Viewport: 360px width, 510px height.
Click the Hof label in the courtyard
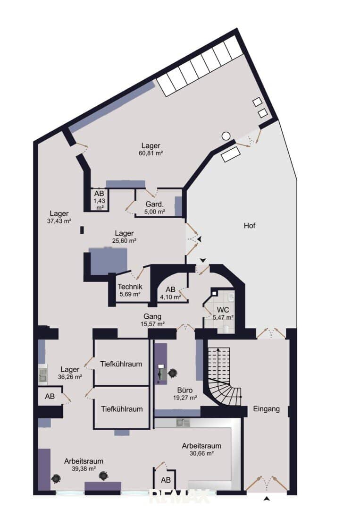(250, 225)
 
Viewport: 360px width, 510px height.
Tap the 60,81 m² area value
(151, 153)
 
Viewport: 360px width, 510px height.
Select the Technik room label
(130, 287)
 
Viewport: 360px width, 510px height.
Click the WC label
(223, 310)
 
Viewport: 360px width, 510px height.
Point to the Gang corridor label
(152, 316)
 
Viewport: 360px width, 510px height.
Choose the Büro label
(185, 390)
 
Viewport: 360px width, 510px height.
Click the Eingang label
(267, 409)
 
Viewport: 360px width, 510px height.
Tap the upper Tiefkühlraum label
(121, 364)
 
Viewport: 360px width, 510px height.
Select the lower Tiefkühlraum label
(122, 409)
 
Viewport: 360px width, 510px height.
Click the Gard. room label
(154, 204)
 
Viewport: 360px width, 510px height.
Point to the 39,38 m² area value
(84, 469)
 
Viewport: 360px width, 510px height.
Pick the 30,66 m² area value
(201, 453)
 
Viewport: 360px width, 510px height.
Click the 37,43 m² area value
(59, 221)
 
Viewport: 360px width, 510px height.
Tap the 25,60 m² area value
(124, 241)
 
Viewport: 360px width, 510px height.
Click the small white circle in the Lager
(226, 136)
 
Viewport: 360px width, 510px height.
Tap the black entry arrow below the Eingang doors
(267, 498)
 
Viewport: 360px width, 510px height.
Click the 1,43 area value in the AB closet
(100, 201)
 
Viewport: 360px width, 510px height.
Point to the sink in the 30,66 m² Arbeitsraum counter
(183, 423)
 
